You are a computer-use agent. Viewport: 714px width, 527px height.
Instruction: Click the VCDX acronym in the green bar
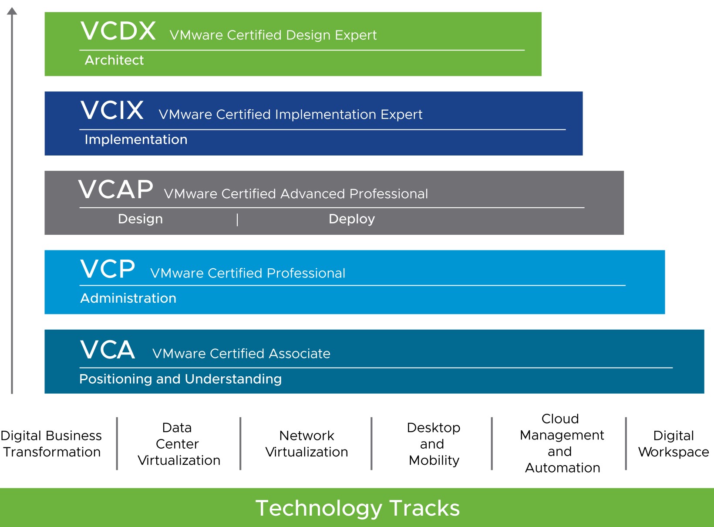[118, 31]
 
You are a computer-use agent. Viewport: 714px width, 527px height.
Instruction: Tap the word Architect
[114, 60]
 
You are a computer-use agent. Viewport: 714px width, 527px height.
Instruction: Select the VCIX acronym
[112, 110]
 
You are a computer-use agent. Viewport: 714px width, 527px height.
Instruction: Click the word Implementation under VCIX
[136, 140]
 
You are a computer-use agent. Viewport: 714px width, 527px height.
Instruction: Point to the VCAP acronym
[115, 189]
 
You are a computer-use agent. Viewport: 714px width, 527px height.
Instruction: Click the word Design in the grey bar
[140, 220]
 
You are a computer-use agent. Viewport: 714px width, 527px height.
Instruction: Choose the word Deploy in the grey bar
[352, 220]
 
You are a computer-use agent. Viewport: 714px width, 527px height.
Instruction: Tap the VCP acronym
[108, 269]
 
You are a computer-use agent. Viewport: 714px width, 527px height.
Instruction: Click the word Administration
[128, 298]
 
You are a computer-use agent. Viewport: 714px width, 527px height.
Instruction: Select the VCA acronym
[108, 349]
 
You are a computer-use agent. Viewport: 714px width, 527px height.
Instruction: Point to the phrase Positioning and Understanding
[180, 379]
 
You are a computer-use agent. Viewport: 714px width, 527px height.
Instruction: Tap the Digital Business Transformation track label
[51, 444]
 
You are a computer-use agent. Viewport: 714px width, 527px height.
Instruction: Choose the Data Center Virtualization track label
[178, 444]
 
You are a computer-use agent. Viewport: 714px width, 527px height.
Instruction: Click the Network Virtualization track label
[306, 444]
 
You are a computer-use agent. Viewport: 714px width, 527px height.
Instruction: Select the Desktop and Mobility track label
[434, 444]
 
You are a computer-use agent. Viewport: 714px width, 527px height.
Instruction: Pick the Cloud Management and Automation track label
[562, 443]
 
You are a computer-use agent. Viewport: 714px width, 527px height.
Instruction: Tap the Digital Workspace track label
[674, 444]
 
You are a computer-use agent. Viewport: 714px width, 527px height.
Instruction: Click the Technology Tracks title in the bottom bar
[357, 508]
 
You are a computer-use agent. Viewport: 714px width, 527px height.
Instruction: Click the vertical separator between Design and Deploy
[237, 220]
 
